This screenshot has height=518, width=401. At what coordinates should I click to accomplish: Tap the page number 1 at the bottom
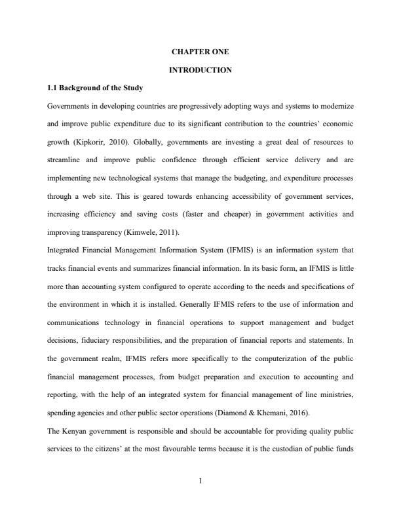click(x=200, y=483)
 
